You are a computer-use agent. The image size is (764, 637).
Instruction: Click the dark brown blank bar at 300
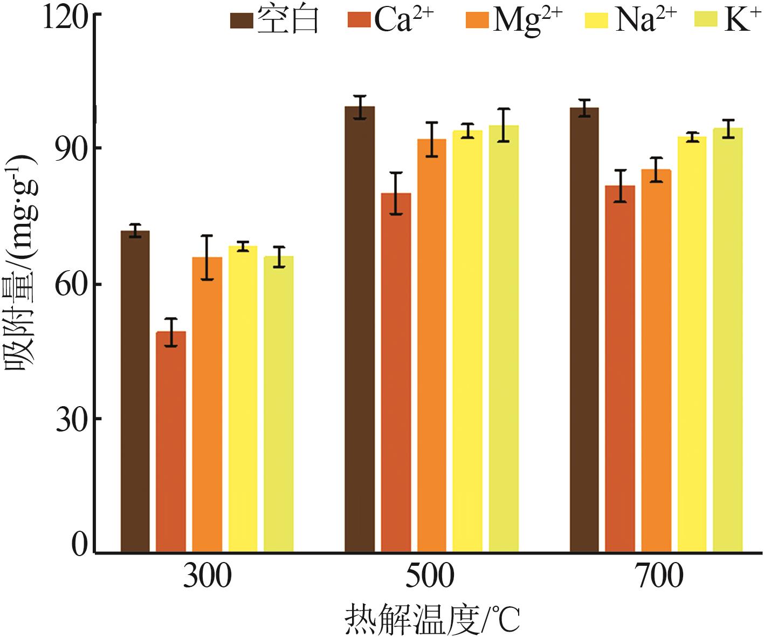[135, 391]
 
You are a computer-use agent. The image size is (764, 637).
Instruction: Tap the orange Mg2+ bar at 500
[431, 345]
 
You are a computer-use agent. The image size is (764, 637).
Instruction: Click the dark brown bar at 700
[584, 330]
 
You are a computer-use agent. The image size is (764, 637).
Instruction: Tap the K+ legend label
[742, 20]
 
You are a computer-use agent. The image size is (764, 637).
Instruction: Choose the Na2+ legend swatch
[596, 20]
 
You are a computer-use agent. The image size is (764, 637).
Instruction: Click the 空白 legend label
[288, 20]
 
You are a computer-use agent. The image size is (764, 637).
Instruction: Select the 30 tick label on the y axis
[71, 420]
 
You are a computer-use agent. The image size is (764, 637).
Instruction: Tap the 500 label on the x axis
[430, 576]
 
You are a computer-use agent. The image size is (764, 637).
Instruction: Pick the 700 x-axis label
[659, 576]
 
